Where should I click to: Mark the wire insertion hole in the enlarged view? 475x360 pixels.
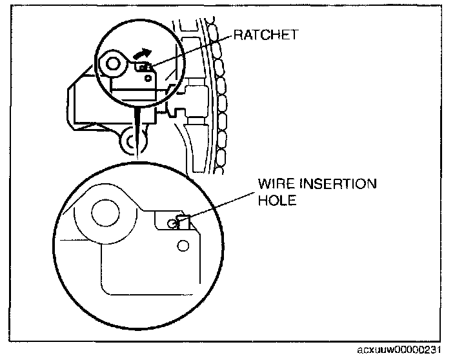point(172,223)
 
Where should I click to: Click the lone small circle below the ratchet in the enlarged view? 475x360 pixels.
point(183,245)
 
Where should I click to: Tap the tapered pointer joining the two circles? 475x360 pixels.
point(137,129)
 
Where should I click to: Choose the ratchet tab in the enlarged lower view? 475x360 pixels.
point(181,222)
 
